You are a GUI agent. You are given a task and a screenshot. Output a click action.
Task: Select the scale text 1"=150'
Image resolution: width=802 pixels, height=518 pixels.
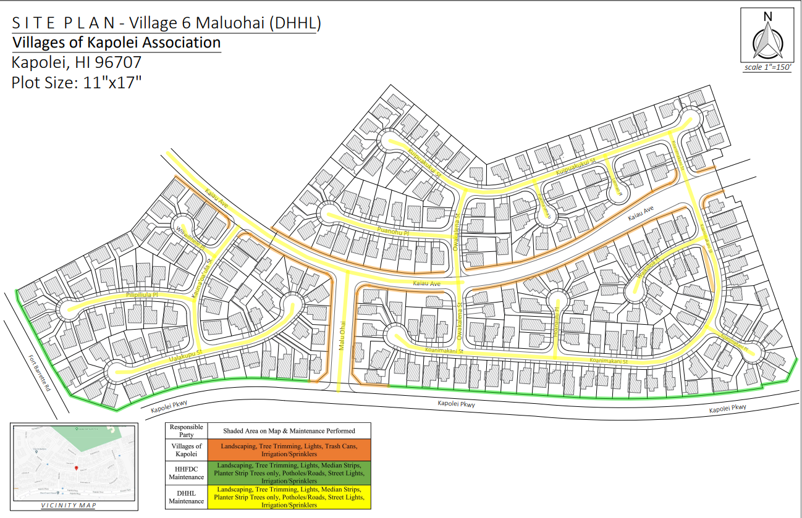click(767, 67)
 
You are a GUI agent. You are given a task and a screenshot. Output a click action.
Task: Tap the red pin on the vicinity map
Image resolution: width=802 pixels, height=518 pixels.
click(76, 469)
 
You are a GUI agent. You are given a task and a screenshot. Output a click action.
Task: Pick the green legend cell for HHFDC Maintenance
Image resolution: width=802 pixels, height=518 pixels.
click(289, 473)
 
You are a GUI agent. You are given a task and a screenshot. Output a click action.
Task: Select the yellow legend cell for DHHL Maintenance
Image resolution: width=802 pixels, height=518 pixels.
click(289, 497)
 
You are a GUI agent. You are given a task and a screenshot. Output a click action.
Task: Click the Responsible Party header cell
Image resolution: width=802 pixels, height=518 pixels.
click(186, 430)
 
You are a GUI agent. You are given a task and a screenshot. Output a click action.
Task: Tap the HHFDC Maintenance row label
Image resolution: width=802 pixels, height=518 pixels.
click(186, 473)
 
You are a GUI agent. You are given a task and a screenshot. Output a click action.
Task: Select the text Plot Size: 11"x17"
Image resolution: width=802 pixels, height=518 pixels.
click(77, 82)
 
